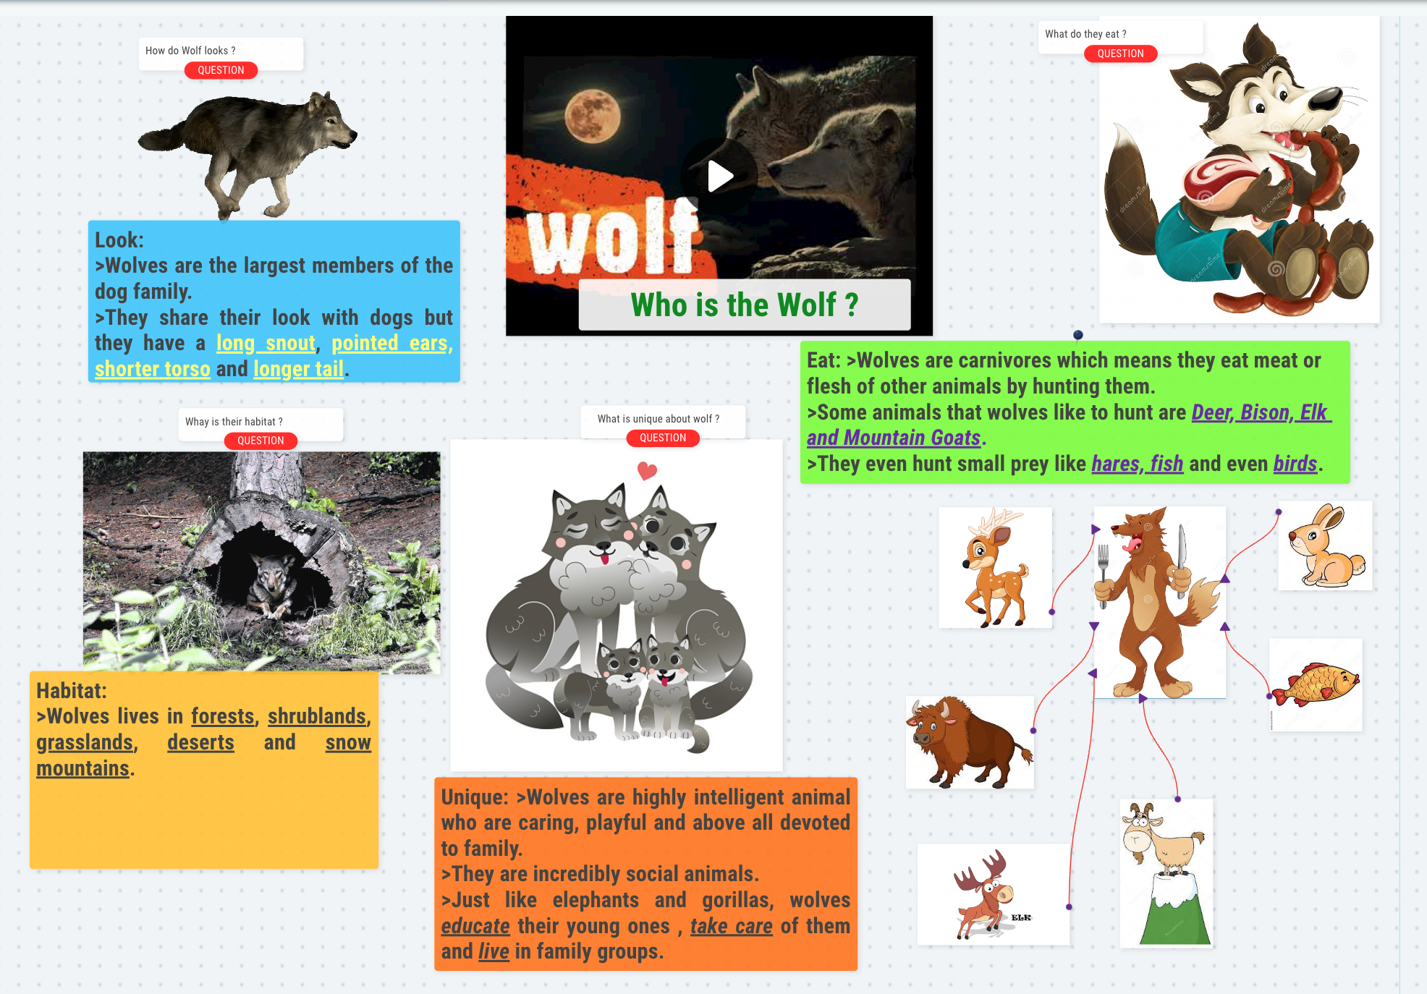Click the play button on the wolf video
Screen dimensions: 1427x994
719,176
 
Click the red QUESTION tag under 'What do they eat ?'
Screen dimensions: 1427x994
1120,54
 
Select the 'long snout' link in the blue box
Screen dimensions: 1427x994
266,343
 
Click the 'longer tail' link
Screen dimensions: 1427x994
298,369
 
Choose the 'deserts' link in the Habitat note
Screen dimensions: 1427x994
200,742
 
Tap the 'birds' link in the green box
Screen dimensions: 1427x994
1295,464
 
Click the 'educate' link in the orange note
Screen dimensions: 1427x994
475,926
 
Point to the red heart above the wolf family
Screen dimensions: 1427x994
647,471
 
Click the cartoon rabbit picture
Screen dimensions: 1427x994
1326,545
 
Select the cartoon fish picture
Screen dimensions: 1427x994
1316,684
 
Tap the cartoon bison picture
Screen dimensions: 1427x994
970,742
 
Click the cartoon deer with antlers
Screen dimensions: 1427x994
995,567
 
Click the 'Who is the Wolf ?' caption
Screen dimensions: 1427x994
745,305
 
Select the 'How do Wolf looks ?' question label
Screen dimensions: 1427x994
190,51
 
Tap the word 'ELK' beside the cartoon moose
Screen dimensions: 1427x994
1021,917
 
